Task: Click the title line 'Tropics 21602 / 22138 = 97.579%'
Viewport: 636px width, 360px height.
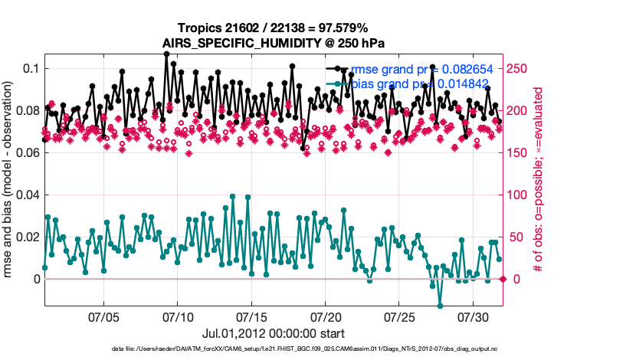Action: tap(273, 28)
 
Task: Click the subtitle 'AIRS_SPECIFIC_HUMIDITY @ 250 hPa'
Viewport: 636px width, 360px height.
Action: tap(273, 43)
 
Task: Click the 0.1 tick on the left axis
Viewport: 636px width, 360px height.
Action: tap(30, 69)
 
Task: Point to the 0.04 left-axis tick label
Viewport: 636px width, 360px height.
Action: tap(26, 195)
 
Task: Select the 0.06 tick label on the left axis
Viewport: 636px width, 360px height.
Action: tap(26, 153)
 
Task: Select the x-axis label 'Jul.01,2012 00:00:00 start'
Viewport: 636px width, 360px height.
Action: tap(273, 333)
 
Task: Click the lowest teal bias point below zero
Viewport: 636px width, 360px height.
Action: tap(440, 306)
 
